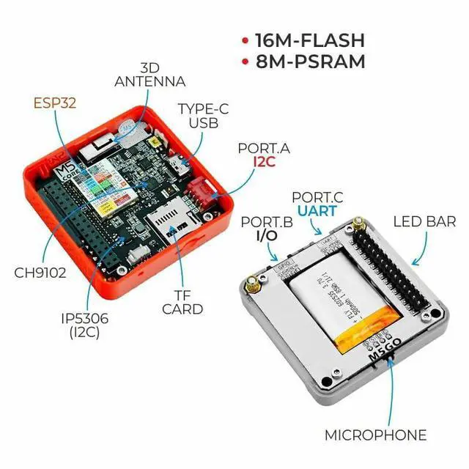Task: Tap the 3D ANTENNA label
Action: click(x=149, y=75)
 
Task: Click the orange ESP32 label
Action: click(x=56, y=103)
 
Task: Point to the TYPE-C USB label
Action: click(x=198, y=116)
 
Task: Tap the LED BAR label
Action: click(x=425, y=221)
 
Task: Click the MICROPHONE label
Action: click(x=376, y=435)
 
